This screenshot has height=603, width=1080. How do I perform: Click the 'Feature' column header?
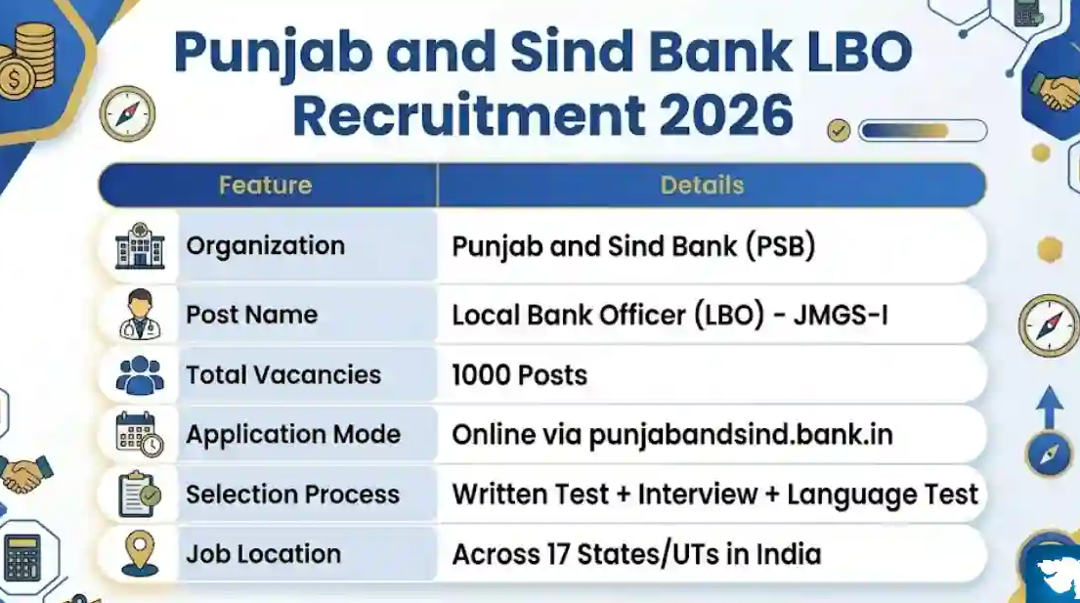point(265,185)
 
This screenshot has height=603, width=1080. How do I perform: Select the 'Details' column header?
point(702,185)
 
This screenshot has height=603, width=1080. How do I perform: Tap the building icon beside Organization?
point(140,245)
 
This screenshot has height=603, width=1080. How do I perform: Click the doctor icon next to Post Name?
point(140,315)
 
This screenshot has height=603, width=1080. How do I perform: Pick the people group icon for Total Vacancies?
point(140,375)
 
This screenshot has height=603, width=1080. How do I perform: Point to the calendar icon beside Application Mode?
point(140,434)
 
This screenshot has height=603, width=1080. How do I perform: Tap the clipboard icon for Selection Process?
point(140,495)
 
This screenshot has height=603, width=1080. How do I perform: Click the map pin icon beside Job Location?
point(140,553)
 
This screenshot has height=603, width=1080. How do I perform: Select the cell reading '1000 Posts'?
point(519,375)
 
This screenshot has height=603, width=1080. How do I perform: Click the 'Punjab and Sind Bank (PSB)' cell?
point(633,245)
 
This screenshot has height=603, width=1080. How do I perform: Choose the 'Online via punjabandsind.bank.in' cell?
point(671,434)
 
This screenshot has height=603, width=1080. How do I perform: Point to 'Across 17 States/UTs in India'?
point(635,554)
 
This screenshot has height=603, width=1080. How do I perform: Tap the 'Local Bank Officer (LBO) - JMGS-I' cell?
point(670,315)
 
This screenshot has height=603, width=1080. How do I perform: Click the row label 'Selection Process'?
point(292,495)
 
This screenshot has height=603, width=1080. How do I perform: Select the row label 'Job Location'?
point(263,554)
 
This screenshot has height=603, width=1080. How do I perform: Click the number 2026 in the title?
point(725,115)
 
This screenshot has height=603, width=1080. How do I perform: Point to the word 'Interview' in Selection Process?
point(698,495)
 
